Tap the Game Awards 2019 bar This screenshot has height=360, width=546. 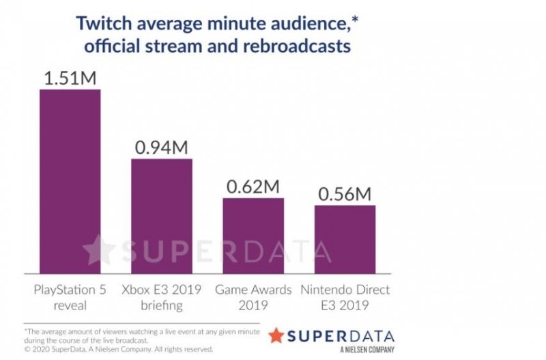tap(253, 236)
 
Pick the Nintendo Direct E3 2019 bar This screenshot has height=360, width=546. tap(345, 239)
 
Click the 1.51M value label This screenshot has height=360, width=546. tap(70, 77)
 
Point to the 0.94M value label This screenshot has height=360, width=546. tap(162, 147)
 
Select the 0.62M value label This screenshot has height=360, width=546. tap(253, 186)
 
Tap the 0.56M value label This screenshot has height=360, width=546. tap(345, 193)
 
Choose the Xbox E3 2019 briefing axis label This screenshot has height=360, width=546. tap(162, 297)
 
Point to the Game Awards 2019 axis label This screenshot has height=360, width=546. tap(253, 297)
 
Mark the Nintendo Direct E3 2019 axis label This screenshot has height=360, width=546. tap(345, 297)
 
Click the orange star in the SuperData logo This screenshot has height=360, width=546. tap(276, 335)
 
